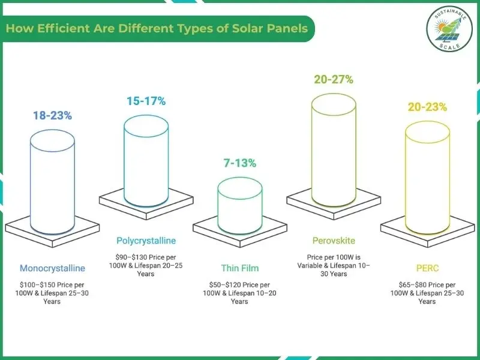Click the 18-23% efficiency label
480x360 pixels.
(x=52, y=116)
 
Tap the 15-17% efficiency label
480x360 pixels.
(x=146, y=101)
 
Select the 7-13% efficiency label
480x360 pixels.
(x=239, y=163)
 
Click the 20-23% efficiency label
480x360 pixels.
(x=427, y=107)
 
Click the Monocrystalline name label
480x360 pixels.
(x=52, y=268)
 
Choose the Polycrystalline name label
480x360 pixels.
(x=146, y=241)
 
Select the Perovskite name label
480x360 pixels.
(x=334, y=241)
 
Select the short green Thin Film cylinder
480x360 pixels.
(x=239, y=204)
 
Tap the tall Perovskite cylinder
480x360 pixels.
(x=333, y=150)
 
